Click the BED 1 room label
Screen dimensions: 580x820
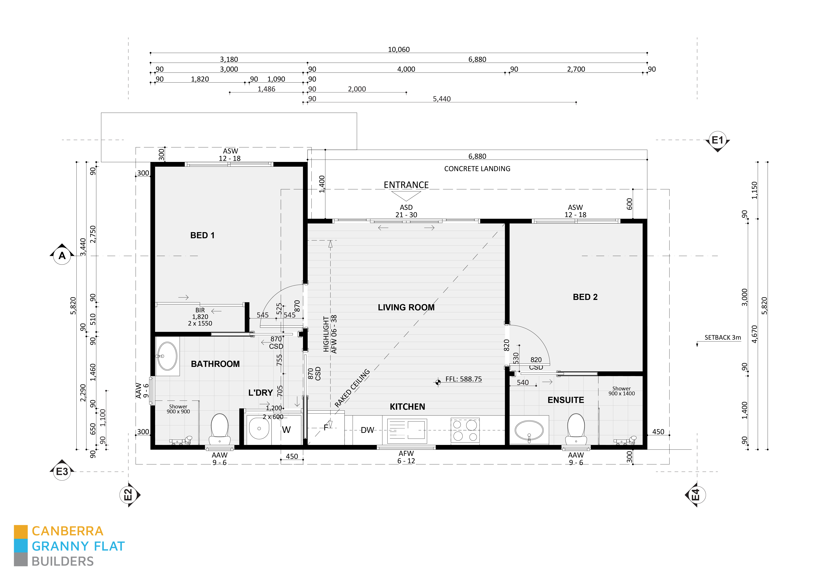202,235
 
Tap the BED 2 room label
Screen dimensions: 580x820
585,297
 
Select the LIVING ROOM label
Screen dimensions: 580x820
406,308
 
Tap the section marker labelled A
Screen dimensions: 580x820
62,256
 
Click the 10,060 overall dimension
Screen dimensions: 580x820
399,50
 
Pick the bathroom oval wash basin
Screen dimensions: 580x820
167,356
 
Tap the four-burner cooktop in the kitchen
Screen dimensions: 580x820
465,430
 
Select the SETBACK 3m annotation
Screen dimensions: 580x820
722,337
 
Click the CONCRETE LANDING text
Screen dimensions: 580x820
477,169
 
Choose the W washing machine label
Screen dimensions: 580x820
286,430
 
